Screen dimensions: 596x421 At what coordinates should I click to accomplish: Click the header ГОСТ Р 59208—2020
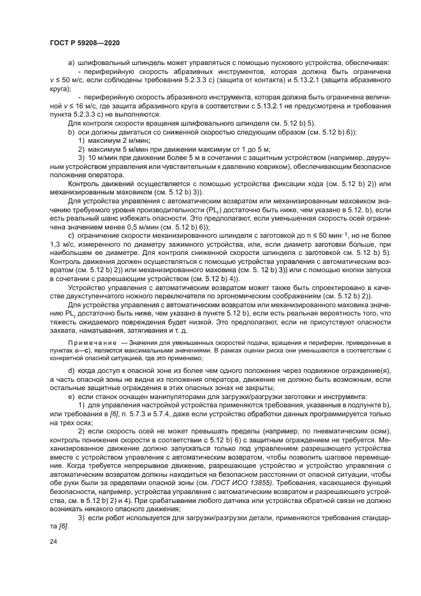tap(85, 42)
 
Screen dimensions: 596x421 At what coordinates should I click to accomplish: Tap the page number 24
tap(53, 541)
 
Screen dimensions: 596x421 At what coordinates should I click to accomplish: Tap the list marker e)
tap(71, 396)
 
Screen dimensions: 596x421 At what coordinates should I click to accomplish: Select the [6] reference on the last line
tap(63, 526)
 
